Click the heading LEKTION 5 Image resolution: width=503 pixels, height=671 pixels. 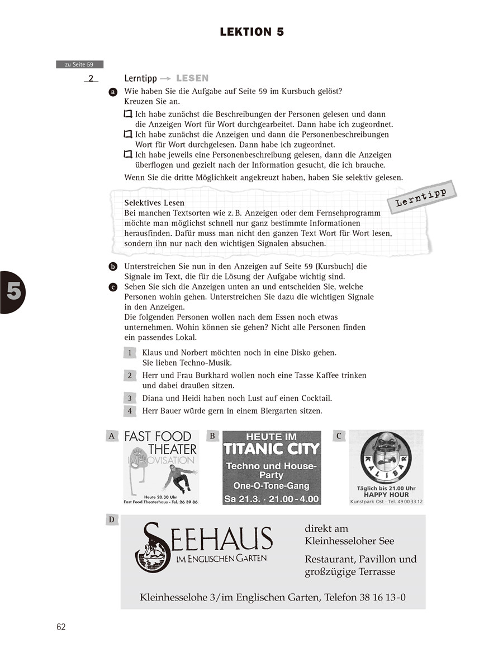tap(251, 32)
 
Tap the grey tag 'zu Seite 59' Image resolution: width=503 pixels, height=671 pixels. tap(79, 65)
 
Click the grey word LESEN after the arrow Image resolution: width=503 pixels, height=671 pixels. tap(192, 79)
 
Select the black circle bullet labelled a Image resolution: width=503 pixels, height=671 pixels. tap(113, 91)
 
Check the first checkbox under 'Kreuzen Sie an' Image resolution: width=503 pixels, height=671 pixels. tap(128, 114)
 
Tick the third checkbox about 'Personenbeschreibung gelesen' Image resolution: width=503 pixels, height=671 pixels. tap(128, 155)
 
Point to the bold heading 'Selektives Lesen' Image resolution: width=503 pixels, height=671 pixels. tap(154, 203)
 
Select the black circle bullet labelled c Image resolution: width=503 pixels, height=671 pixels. tap(113, 287)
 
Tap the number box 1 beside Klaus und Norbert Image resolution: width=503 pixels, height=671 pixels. tap(130, 353)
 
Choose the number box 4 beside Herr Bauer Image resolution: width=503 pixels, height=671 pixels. tap(130, 412)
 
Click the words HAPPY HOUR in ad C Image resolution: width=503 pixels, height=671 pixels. tap(386, 495)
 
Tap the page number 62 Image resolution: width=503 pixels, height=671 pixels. tap(61, 627)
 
